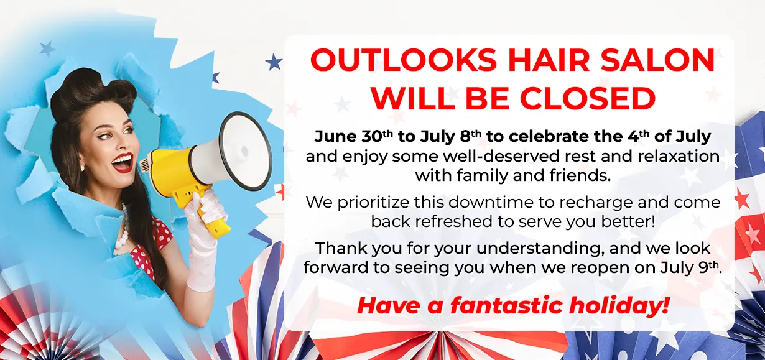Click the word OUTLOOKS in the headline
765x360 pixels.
(403, 60)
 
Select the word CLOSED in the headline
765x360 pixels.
(587, 98)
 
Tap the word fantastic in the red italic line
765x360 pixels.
(506, 305)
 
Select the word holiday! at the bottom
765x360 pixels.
(618, 306)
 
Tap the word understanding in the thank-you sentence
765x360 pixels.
(540, 248)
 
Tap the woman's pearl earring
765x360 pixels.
(82, 168)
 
